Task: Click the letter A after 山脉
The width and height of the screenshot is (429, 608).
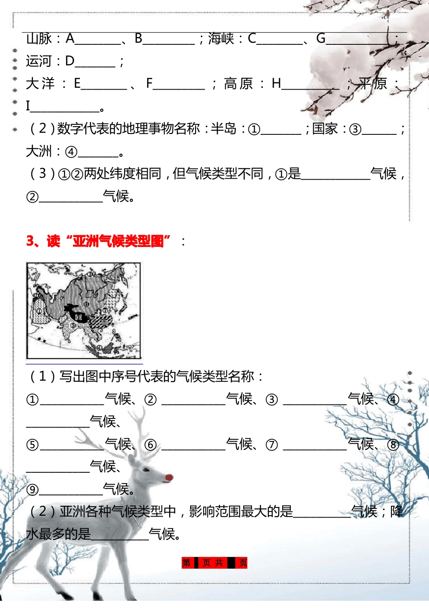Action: (x=70, y=39)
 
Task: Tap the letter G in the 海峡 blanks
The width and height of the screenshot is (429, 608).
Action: (x=321, y=39)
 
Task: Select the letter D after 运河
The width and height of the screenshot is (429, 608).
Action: (x=70, y=61)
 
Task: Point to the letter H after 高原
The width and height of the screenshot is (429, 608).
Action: (x=276, y=84)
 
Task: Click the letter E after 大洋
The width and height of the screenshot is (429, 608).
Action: (x=77, y=84)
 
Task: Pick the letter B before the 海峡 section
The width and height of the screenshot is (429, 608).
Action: (x=139, y=39)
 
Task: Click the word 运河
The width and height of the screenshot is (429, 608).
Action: (x=39, y=61)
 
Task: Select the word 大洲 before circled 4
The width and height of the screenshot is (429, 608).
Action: (x=39, y=152)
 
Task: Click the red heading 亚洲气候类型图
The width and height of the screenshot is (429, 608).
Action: (x=118, y=242)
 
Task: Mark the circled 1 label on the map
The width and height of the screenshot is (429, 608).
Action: (x=39, y=311)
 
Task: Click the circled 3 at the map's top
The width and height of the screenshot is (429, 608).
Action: (x=90, y=274)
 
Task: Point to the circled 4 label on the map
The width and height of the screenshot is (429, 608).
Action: (x=99, y=348)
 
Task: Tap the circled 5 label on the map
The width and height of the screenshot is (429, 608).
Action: (x=73, y=325)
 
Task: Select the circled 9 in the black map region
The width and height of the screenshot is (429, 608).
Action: (x=79, y=318)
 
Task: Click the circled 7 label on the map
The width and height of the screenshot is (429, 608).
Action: (x=105, y=311)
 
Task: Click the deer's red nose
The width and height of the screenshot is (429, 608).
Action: (x=169, y=477)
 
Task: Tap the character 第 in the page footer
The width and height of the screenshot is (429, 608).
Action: (x=187, y=563)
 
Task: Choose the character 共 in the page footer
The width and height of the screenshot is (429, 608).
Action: (x=219, y=563)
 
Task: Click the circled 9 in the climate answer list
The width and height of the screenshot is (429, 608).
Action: (x=33, y=490)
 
